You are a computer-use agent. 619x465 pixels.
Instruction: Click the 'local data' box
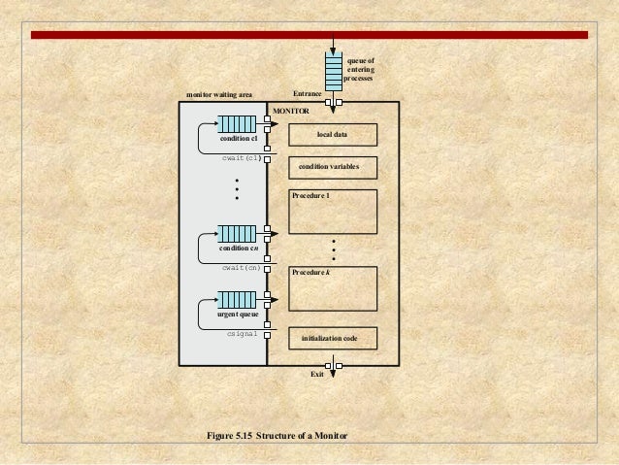[333, 134]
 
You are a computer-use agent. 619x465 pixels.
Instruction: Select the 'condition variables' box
[333, 167]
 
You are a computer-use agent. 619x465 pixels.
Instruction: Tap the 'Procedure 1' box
[333, 212]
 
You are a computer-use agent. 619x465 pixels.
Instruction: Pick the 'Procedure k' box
[333, 286]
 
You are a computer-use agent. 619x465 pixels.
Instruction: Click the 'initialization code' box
[333, 338]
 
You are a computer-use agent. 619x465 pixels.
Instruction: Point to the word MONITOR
[290, 113]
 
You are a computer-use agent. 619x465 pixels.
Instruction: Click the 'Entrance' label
[307, 95]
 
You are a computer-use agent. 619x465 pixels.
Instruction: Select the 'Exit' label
[316, 374]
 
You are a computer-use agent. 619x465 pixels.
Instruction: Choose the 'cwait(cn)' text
[241, 267]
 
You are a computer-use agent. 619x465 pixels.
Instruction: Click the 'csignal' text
[242, 333]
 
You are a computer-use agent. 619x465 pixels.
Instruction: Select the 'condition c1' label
[237, 139]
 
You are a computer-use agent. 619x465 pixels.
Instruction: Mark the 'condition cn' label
[237, 249]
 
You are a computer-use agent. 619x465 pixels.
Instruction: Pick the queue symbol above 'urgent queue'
[236, 298]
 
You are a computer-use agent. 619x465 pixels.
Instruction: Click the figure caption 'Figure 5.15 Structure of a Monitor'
[277, 435]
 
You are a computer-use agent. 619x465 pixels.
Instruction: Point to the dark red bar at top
[309, 35]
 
